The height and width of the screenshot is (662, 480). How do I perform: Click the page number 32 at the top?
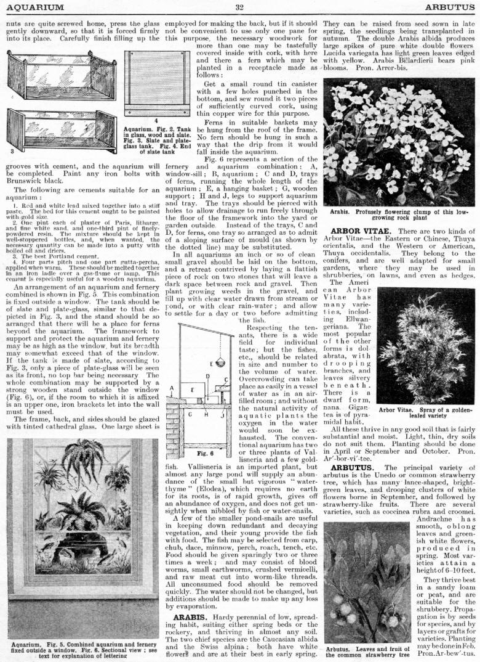click(x=239, y=7)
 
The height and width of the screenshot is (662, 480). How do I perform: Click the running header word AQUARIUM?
click(x=34, y=7)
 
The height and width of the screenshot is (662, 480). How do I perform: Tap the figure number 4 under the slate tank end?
click(x=156, y=120)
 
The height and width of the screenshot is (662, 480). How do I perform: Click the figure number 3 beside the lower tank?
click(x=12, y=150)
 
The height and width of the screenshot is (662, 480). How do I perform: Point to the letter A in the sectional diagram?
click(x=172, y=389)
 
